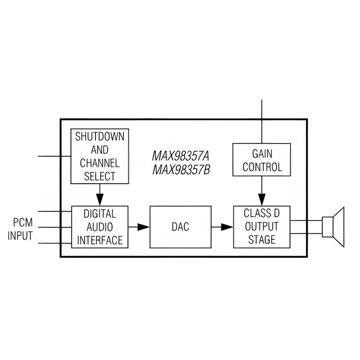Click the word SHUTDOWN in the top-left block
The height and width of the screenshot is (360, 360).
point(99,137)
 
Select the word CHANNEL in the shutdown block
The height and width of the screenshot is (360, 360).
point(99,163)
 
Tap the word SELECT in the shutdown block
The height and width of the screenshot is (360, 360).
point(99,176)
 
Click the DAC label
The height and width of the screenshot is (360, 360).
point(180,227)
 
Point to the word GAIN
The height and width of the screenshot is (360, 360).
point(262,154)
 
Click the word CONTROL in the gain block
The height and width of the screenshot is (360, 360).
point(262,167)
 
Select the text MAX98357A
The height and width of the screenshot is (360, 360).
point(181,156)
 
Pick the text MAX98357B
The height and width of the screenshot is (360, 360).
point(181,170)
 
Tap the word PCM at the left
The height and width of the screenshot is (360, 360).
point(23,222)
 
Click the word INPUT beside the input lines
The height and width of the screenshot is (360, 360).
point(20,236)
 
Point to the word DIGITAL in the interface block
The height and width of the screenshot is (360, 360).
point(100,214)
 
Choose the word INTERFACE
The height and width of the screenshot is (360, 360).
point(100,240)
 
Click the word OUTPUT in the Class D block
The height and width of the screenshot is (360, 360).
point(262,227)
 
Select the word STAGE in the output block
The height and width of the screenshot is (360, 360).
point(262,240)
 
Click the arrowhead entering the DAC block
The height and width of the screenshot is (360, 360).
point(144,227)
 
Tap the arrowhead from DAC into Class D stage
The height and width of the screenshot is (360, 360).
point(227,227)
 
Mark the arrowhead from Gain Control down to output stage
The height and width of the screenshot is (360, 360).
point(262,199)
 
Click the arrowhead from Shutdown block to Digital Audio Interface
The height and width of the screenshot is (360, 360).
point(99,199)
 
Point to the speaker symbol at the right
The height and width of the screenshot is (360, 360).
point(333,227)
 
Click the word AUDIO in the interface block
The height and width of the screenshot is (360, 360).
point(99,227)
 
